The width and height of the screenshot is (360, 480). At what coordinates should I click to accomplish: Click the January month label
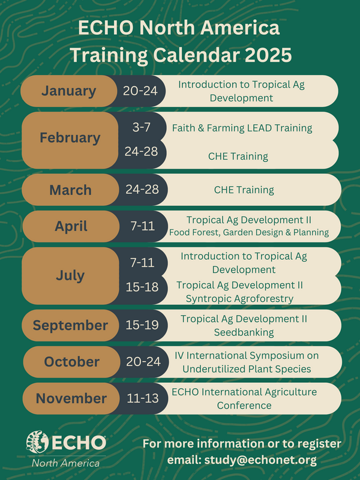point(68,91)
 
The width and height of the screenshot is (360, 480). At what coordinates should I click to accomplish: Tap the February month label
point(70,137)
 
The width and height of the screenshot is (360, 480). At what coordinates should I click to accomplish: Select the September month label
point(70,325)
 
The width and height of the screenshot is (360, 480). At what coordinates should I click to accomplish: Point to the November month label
point(71,398)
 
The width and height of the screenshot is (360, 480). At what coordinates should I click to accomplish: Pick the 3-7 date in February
point(142,127)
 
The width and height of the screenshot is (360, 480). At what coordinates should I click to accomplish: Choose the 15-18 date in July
point(142,287)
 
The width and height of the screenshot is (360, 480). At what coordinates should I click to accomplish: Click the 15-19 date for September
point(142,325)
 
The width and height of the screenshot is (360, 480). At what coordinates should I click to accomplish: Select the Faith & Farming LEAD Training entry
point(242,128)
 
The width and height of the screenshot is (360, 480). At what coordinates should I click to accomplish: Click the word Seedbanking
point(244,332)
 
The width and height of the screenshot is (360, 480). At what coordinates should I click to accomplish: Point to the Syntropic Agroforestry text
point(239,298)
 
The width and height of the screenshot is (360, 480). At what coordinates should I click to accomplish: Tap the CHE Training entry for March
point(244,190)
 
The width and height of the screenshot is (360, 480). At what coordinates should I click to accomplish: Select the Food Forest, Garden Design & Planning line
point(248,232)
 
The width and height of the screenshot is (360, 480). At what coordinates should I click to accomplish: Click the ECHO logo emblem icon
point(38,443)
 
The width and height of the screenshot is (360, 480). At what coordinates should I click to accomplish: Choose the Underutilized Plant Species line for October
point(247,368)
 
